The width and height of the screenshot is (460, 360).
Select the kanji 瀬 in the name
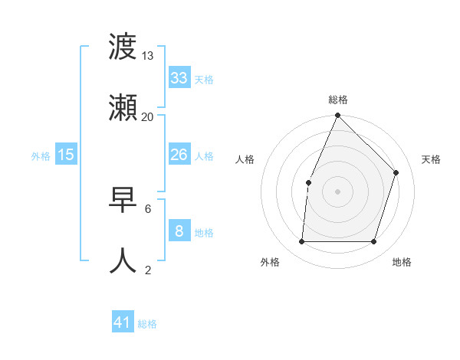[123, 109]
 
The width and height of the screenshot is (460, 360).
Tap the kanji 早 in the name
[123, 201]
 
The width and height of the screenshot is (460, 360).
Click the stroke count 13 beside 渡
[148, 56]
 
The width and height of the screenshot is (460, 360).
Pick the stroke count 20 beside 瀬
[148, 117]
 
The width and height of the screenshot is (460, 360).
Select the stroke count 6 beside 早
[148, 208]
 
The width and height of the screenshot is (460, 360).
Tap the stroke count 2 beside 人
[148, 270]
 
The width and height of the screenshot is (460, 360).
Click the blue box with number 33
[179, 78]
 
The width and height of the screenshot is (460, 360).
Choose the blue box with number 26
[179, 155]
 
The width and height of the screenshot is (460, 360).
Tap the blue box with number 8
[179, 231]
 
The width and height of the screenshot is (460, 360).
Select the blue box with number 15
[66, 155]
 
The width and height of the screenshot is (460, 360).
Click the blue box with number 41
[123, 322]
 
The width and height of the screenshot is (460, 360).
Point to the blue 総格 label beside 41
[147, 324]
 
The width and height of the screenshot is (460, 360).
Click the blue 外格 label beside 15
[41, 155]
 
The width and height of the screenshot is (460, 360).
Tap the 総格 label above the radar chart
[337, 100]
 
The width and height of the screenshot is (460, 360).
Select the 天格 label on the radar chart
[431, 159]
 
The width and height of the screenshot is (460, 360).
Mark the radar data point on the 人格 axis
[308, 182]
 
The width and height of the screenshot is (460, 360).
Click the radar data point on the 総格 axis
[337, 116]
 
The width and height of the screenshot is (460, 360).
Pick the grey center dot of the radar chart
[337, 191]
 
